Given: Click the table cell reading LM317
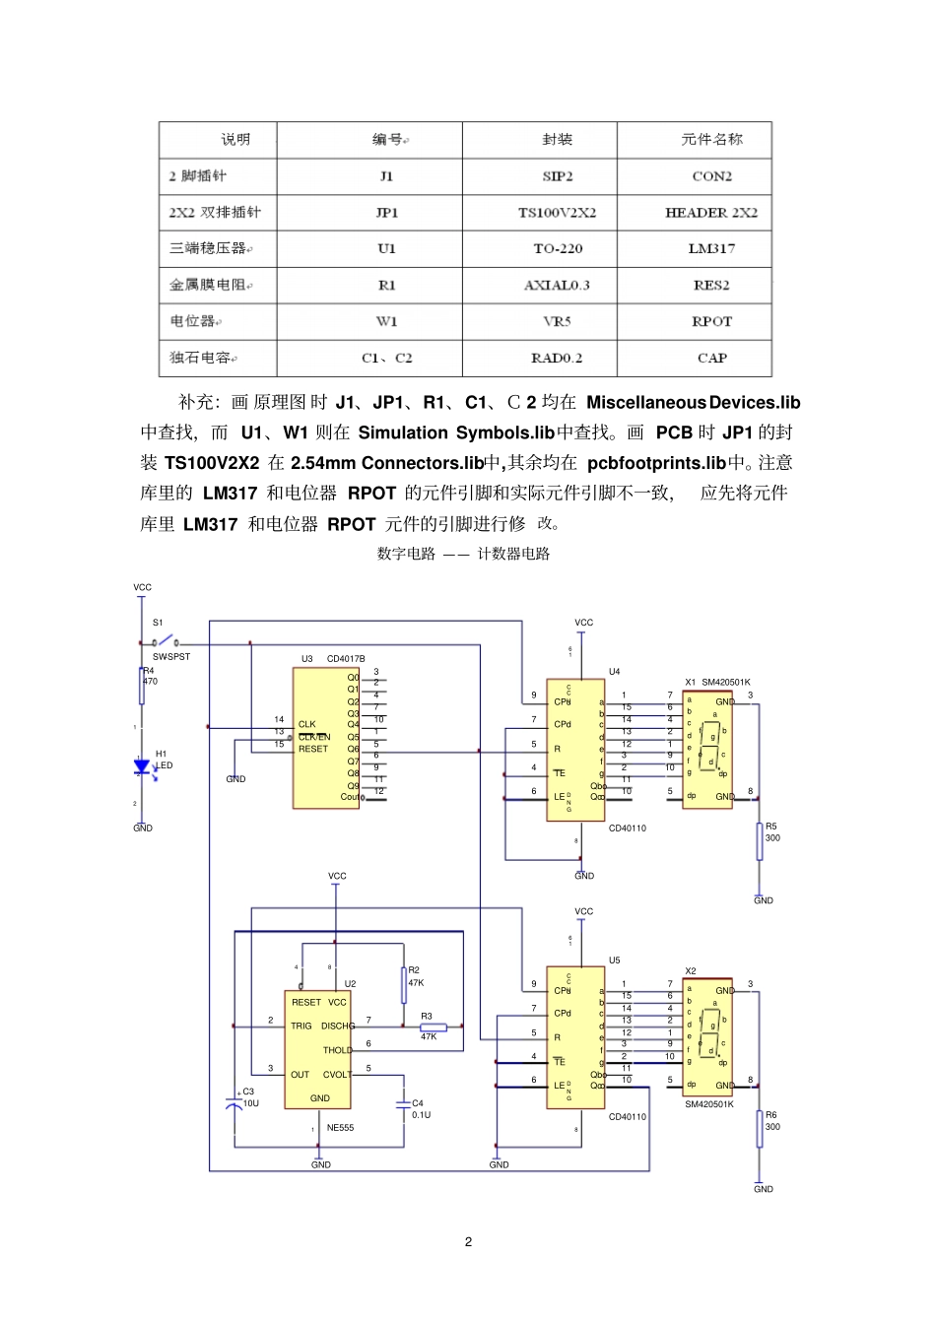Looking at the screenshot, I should pos(711,248).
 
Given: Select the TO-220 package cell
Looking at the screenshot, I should pos(557,248).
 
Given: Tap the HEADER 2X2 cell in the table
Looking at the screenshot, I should pos(711,212).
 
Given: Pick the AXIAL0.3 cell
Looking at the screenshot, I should pos(557,285).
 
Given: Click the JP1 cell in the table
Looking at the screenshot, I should pos(386,212).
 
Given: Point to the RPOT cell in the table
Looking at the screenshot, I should pos(711,321).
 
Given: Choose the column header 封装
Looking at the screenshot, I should pos(557,139).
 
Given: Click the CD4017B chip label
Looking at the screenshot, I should pos(346,659).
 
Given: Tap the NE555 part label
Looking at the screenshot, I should pos(340,1128).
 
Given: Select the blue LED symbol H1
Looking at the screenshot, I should pos(143,766).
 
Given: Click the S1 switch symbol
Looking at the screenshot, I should pos(166,641).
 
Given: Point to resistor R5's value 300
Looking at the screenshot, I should pos(772,838).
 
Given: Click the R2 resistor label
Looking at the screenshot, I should pos(414,970).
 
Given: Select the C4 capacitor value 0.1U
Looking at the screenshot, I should pos(421,1115).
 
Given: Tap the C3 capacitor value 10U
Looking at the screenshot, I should pos(251,1103).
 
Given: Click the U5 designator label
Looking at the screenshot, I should pos(614,961).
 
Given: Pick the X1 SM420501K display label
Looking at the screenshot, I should pos(718,682).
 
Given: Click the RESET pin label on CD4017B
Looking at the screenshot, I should pos(313,749).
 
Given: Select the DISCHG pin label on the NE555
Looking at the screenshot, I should pos(338,1027).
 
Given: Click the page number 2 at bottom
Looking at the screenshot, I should pos(468,1241).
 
